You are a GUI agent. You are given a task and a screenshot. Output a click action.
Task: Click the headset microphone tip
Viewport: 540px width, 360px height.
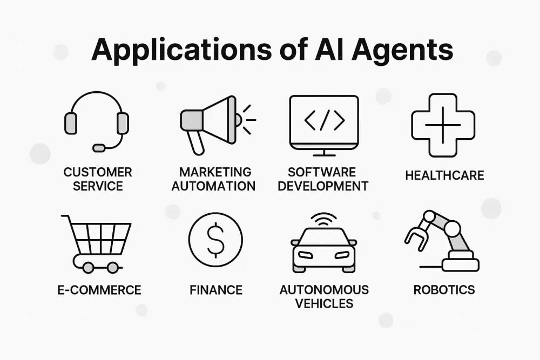99,147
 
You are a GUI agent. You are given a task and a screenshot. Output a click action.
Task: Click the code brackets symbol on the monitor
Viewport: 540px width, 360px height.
324,121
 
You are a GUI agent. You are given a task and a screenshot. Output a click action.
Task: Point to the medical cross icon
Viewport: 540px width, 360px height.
443,125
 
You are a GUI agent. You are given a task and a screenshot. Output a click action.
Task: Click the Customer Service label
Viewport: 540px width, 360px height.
98,179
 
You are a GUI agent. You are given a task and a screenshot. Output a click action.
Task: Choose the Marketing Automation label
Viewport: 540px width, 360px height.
216,179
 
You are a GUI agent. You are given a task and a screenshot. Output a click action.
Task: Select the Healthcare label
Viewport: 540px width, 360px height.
444,175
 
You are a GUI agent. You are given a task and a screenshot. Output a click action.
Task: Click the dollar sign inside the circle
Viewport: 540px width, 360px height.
215,240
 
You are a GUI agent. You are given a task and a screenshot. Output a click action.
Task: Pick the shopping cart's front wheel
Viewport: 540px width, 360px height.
113,267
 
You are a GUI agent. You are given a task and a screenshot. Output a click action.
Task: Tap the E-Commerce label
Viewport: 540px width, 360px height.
99,290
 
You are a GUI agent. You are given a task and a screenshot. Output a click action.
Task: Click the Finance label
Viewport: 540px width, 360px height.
216,290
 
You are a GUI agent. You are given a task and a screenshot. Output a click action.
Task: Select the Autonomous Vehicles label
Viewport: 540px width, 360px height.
324,296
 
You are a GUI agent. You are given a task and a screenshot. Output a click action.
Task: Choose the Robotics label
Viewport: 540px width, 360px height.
444,290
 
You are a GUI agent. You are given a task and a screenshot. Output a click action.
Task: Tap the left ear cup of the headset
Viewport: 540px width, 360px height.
70,124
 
